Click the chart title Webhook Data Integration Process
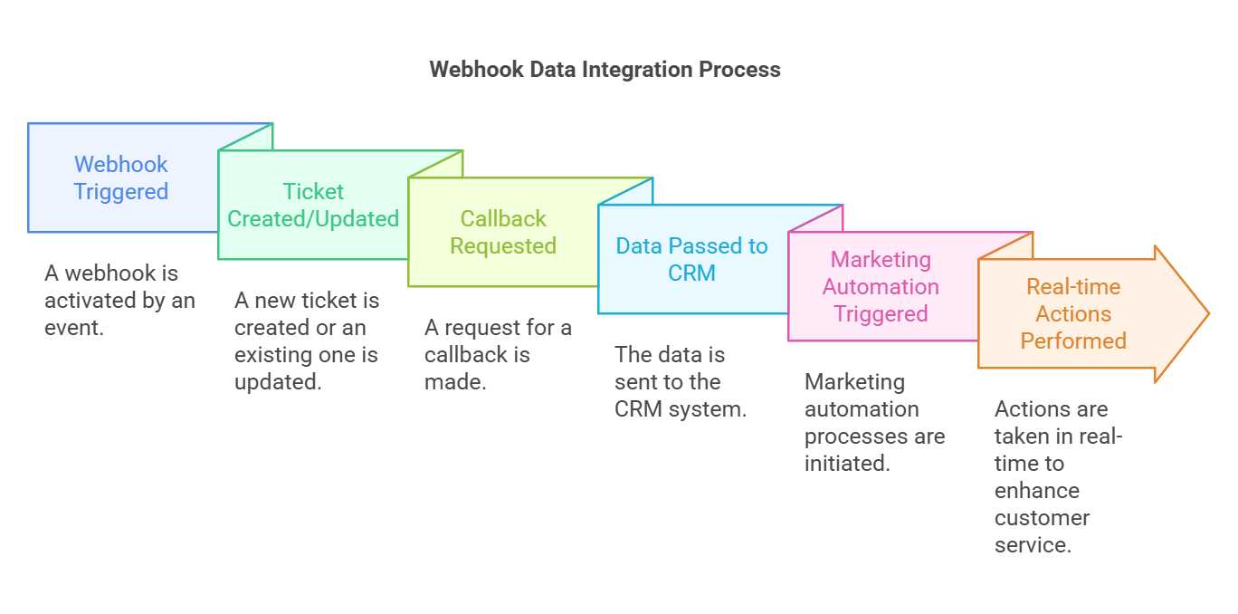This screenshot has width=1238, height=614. tap(605, 70)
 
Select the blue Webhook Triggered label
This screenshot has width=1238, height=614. tap(121, 177)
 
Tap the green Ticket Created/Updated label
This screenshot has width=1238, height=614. tap(313, 205)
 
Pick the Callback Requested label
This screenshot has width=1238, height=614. tap(503, 232)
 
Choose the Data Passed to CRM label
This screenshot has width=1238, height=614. tap(691, 259)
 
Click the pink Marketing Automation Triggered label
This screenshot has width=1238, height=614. tap(881, 286)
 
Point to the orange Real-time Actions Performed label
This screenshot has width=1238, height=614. tap(1073, 313)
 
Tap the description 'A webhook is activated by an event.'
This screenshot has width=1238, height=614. tap(119, 300)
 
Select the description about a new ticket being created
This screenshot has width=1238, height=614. tap(306, 341)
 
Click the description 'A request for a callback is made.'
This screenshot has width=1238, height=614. tap(498, 354)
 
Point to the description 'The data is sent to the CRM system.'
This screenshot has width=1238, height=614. tap(681, 381)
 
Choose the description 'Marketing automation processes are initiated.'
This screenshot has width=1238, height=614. tap(874, 422)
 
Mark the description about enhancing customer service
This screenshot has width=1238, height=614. tap(1057, 476)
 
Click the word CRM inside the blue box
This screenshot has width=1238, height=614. tap(691, 273)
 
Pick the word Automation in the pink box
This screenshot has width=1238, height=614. tap(881, 286)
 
